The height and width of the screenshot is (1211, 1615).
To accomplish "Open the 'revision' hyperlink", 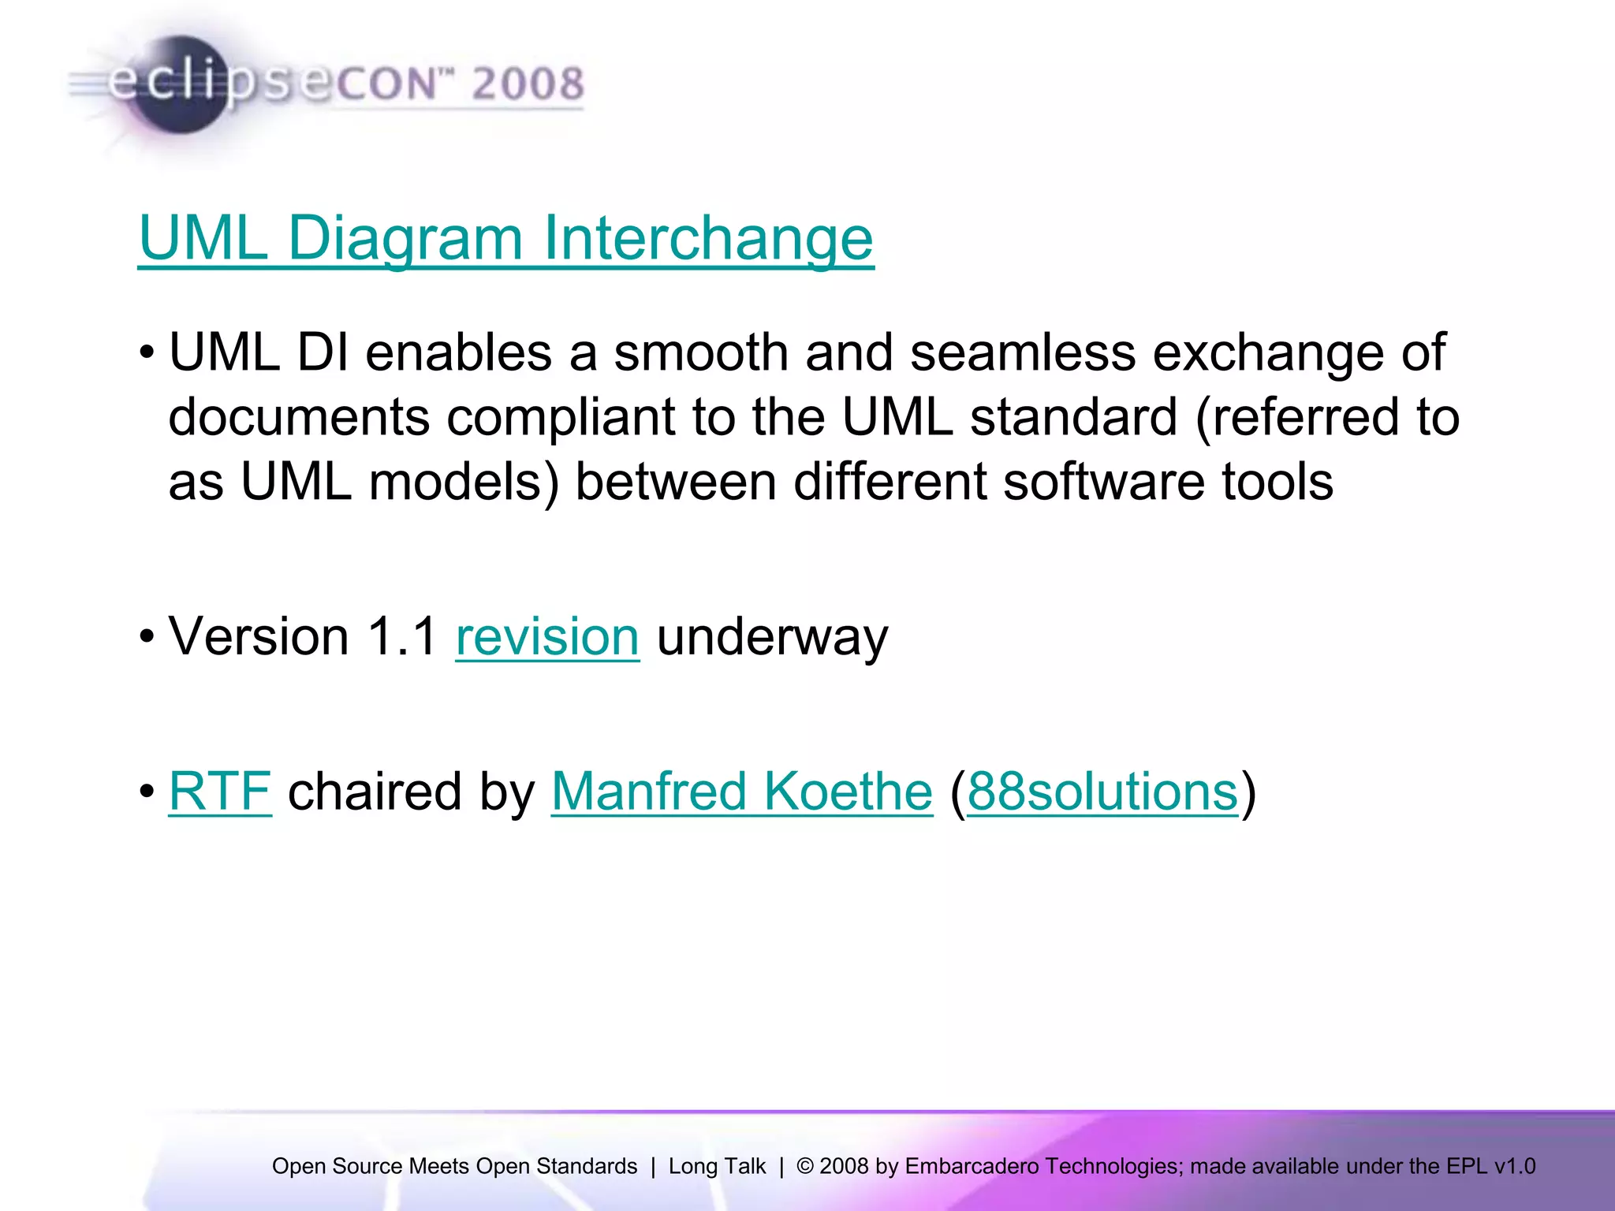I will click(547, 636).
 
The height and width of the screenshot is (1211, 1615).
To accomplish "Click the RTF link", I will click(220, 792).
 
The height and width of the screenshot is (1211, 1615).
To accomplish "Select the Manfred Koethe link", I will click(741, 792).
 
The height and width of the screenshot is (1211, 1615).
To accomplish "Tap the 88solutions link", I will click(1102, 792).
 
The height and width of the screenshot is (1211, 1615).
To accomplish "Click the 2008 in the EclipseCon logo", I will click(528, 84).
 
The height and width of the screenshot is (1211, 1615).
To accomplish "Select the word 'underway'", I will click(772, 636).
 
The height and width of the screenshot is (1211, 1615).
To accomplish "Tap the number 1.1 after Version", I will click(402, 636).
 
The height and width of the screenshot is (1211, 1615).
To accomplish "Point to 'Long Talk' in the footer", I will click(717, 1166).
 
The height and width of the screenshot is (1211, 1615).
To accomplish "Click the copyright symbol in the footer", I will click(805, 1166).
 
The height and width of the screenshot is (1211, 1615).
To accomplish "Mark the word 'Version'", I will click(259, 636).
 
